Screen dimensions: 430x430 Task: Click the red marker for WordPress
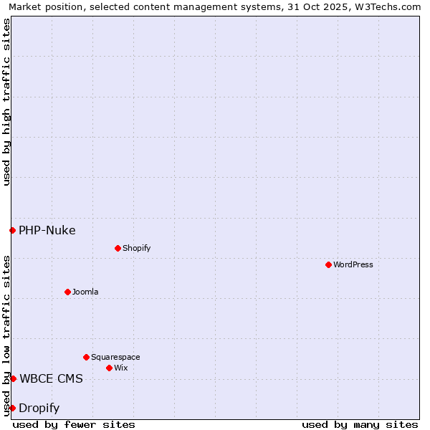tap(329, 264)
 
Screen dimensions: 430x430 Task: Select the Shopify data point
tap(118, 248)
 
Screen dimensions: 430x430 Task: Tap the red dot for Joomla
tap(68, 292)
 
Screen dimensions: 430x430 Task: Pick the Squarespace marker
tap(87, 357)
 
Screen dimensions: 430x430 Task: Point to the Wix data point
tap(110, 368)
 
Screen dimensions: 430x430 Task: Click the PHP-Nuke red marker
tap(12, 230)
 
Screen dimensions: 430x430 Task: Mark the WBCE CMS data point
tap(13, 378)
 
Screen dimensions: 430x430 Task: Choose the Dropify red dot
tap(12, 408)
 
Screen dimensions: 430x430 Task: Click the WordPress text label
tap(353, 264)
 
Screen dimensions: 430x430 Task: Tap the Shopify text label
tap(136, 248)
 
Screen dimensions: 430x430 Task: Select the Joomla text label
tap(85, 292)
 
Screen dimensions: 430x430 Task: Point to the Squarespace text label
tap(115, 357)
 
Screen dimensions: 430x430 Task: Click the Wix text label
tap(121, 368)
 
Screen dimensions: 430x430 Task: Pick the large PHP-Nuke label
tap(47, 230)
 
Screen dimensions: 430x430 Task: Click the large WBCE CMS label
tap(51, 378)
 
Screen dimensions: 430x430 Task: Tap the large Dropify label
tap(39, 408)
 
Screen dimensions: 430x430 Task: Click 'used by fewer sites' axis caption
tap(74, 424)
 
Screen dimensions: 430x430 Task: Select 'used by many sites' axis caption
tap(360, 424)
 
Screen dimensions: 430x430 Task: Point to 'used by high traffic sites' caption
tap(6, 102)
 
